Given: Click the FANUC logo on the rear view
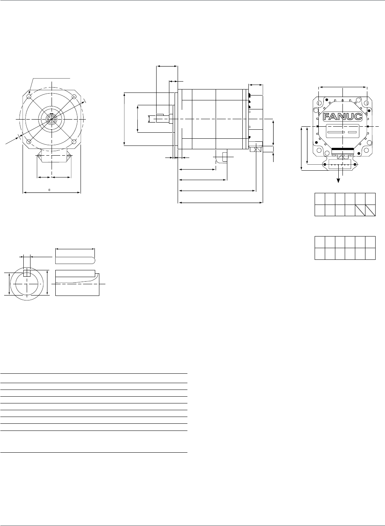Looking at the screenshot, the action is [342, 116].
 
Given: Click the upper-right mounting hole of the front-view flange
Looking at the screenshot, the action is [74, 97].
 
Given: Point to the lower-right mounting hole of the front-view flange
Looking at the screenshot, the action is [74, 142].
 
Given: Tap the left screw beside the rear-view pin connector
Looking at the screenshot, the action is [325, 164].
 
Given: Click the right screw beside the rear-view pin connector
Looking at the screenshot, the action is [355, 164].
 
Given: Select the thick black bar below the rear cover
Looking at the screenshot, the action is [342, 151].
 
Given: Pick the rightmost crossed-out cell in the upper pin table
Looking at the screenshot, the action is [371, 210].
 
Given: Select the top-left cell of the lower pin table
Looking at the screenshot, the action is [320, 242].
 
